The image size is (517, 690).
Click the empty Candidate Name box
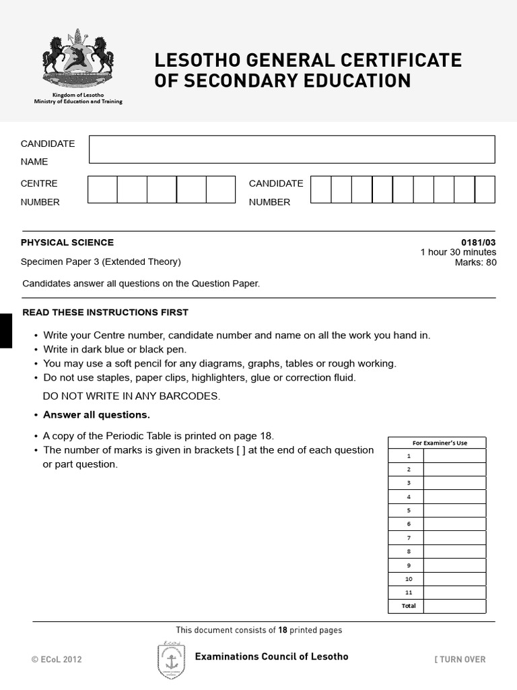[x=291, y=150]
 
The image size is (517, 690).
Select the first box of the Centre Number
[x=102, y=189]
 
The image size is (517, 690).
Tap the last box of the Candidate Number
[x=485, y=189]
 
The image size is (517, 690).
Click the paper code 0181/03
[x=479, y=243]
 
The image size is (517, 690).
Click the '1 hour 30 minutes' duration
[x=458, y=253]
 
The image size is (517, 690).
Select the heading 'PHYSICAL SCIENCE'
[x=67, y=243]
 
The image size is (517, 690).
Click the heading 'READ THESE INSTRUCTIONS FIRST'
[x=106, y=313]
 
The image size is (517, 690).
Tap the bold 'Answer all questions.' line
[x=96, y=415]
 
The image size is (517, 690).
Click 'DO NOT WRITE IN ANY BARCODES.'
[x=131, y=396]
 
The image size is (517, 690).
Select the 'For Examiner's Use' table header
[x=436, y=443]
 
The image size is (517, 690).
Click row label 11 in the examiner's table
[x=409, y=592]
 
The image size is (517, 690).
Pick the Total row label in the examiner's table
[x=409, y=606]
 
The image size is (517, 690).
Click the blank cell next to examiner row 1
[x=454, y=456]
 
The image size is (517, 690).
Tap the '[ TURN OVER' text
[x=460, y=660]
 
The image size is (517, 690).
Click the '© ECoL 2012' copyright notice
[x=57, y=660]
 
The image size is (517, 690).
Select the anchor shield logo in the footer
[x=171, y=660]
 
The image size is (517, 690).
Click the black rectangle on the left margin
[x=5, y=331]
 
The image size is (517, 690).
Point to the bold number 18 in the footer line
[x=283, y=630]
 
